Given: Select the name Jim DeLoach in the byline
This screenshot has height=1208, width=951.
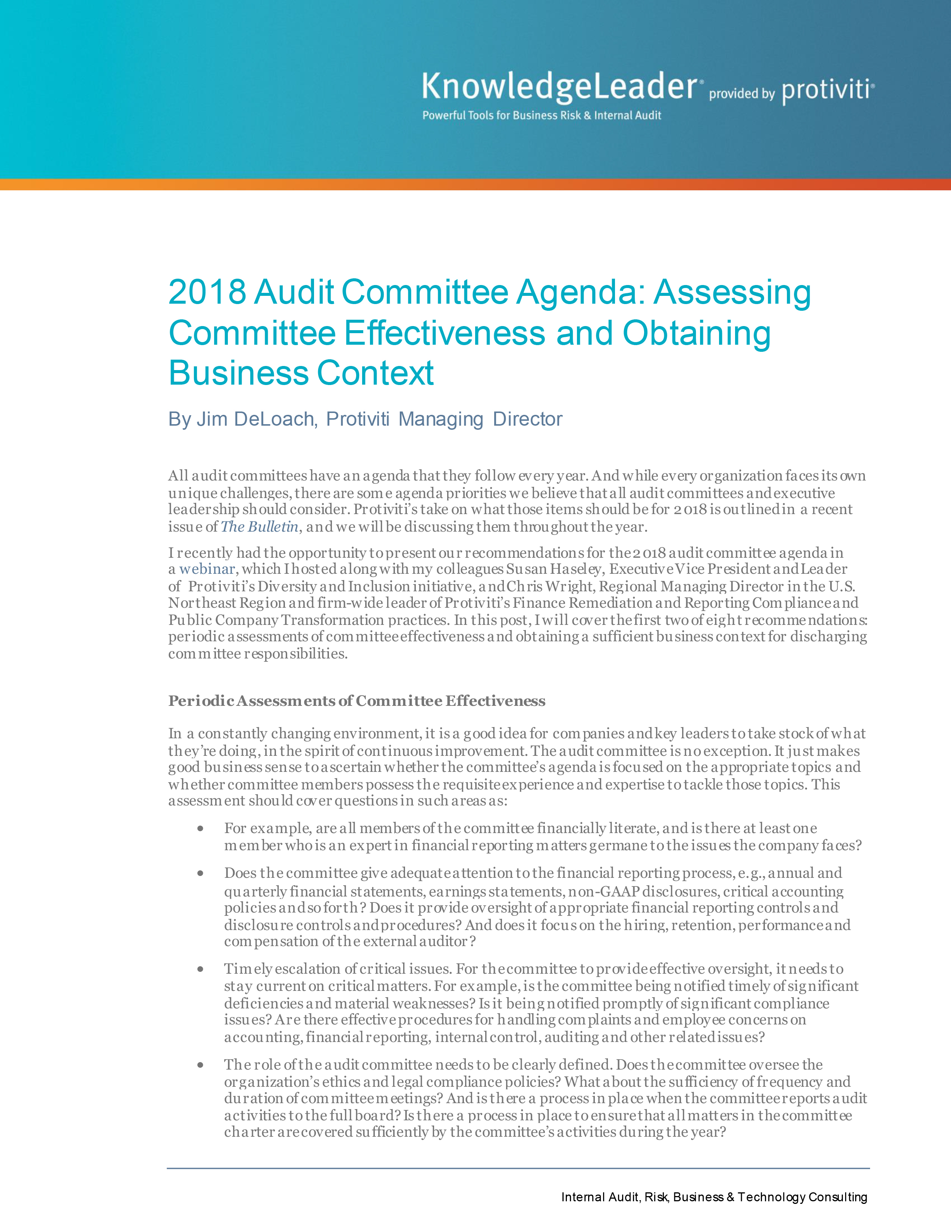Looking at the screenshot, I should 255,419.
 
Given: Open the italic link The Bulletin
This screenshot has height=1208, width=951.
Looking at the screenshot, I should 260,526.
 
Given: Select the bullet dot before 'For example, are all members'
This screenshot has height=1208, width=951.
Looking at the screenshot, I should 200,829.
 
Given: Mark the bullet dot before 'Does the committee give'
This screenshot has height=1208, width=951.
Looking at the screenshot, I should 200,873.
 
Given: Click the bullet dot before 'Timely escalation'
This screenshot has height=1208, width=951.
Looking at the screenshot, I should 200,969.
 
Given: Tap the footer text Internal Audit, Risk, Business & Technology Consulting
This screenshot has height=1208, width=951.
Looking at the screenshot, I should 714,1197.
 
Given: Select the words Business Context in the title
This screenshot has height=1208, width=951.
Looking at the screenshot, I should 301,373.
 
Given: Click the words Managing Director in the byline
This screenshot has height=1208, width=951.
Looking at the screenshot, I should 480,419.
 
